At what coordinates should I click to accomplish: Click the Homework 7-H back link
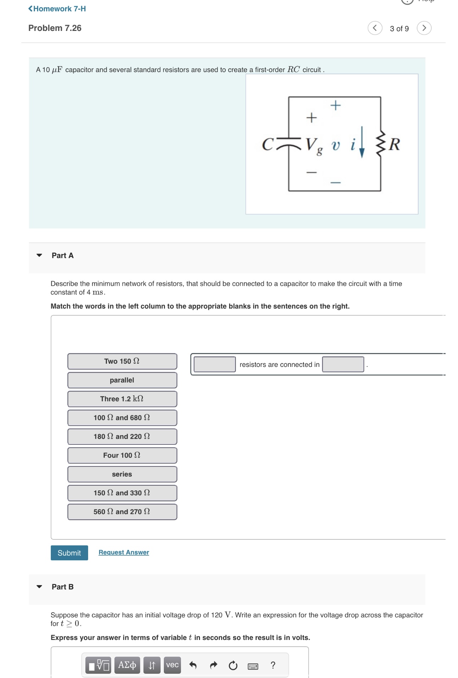(57, 9)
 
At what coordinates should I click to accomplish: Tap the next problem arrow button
(424, 28)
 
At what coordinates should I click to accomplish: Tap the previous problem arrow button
(375, 28)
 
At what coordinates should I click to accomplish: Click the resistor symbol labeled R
(381, 144)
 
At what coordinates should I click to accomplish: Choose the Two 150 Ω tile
(122, 361)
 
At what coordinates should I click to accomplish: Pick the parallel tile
(122, 380)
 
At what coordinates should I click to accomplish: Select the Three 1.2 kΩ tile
(122, 399)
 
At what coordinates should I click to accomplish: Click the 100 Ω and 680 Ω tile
(122, 418)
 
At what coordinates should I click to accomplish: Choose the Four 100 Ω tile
(122, 455)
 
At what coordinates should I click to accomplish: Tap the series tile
(122, 474)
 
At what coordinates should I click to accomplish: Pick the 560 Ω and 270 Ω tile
(122, 512)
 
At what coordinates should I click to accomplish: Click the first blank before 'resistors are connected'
(215, 364)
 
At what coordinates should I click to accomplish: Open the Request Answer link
(124, 552)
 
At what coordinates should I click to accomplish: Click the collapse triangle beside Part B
(39, 587)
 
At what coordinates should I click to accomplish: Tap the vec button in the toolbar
(172, 665)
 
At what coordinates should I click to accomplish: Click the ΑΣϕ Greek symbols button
(127, 665)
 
